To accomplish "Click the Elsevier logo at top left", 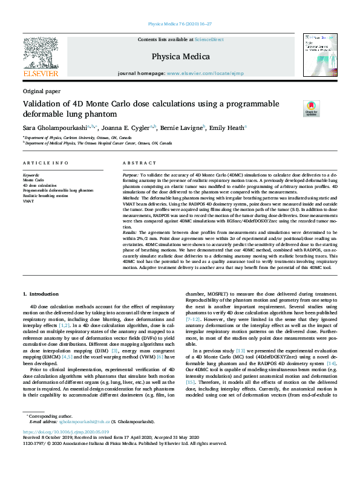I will (41, 57).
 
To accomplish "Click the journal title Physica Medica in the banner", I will (180, 57).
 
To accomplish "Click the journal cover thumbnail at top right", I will (319, 53).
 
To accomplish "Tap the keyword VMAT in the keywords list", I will (28, 200).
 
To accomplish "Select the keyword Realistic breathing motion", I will (45, 195).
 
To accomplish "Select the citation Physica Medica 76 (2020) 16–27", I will (180, 24).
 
